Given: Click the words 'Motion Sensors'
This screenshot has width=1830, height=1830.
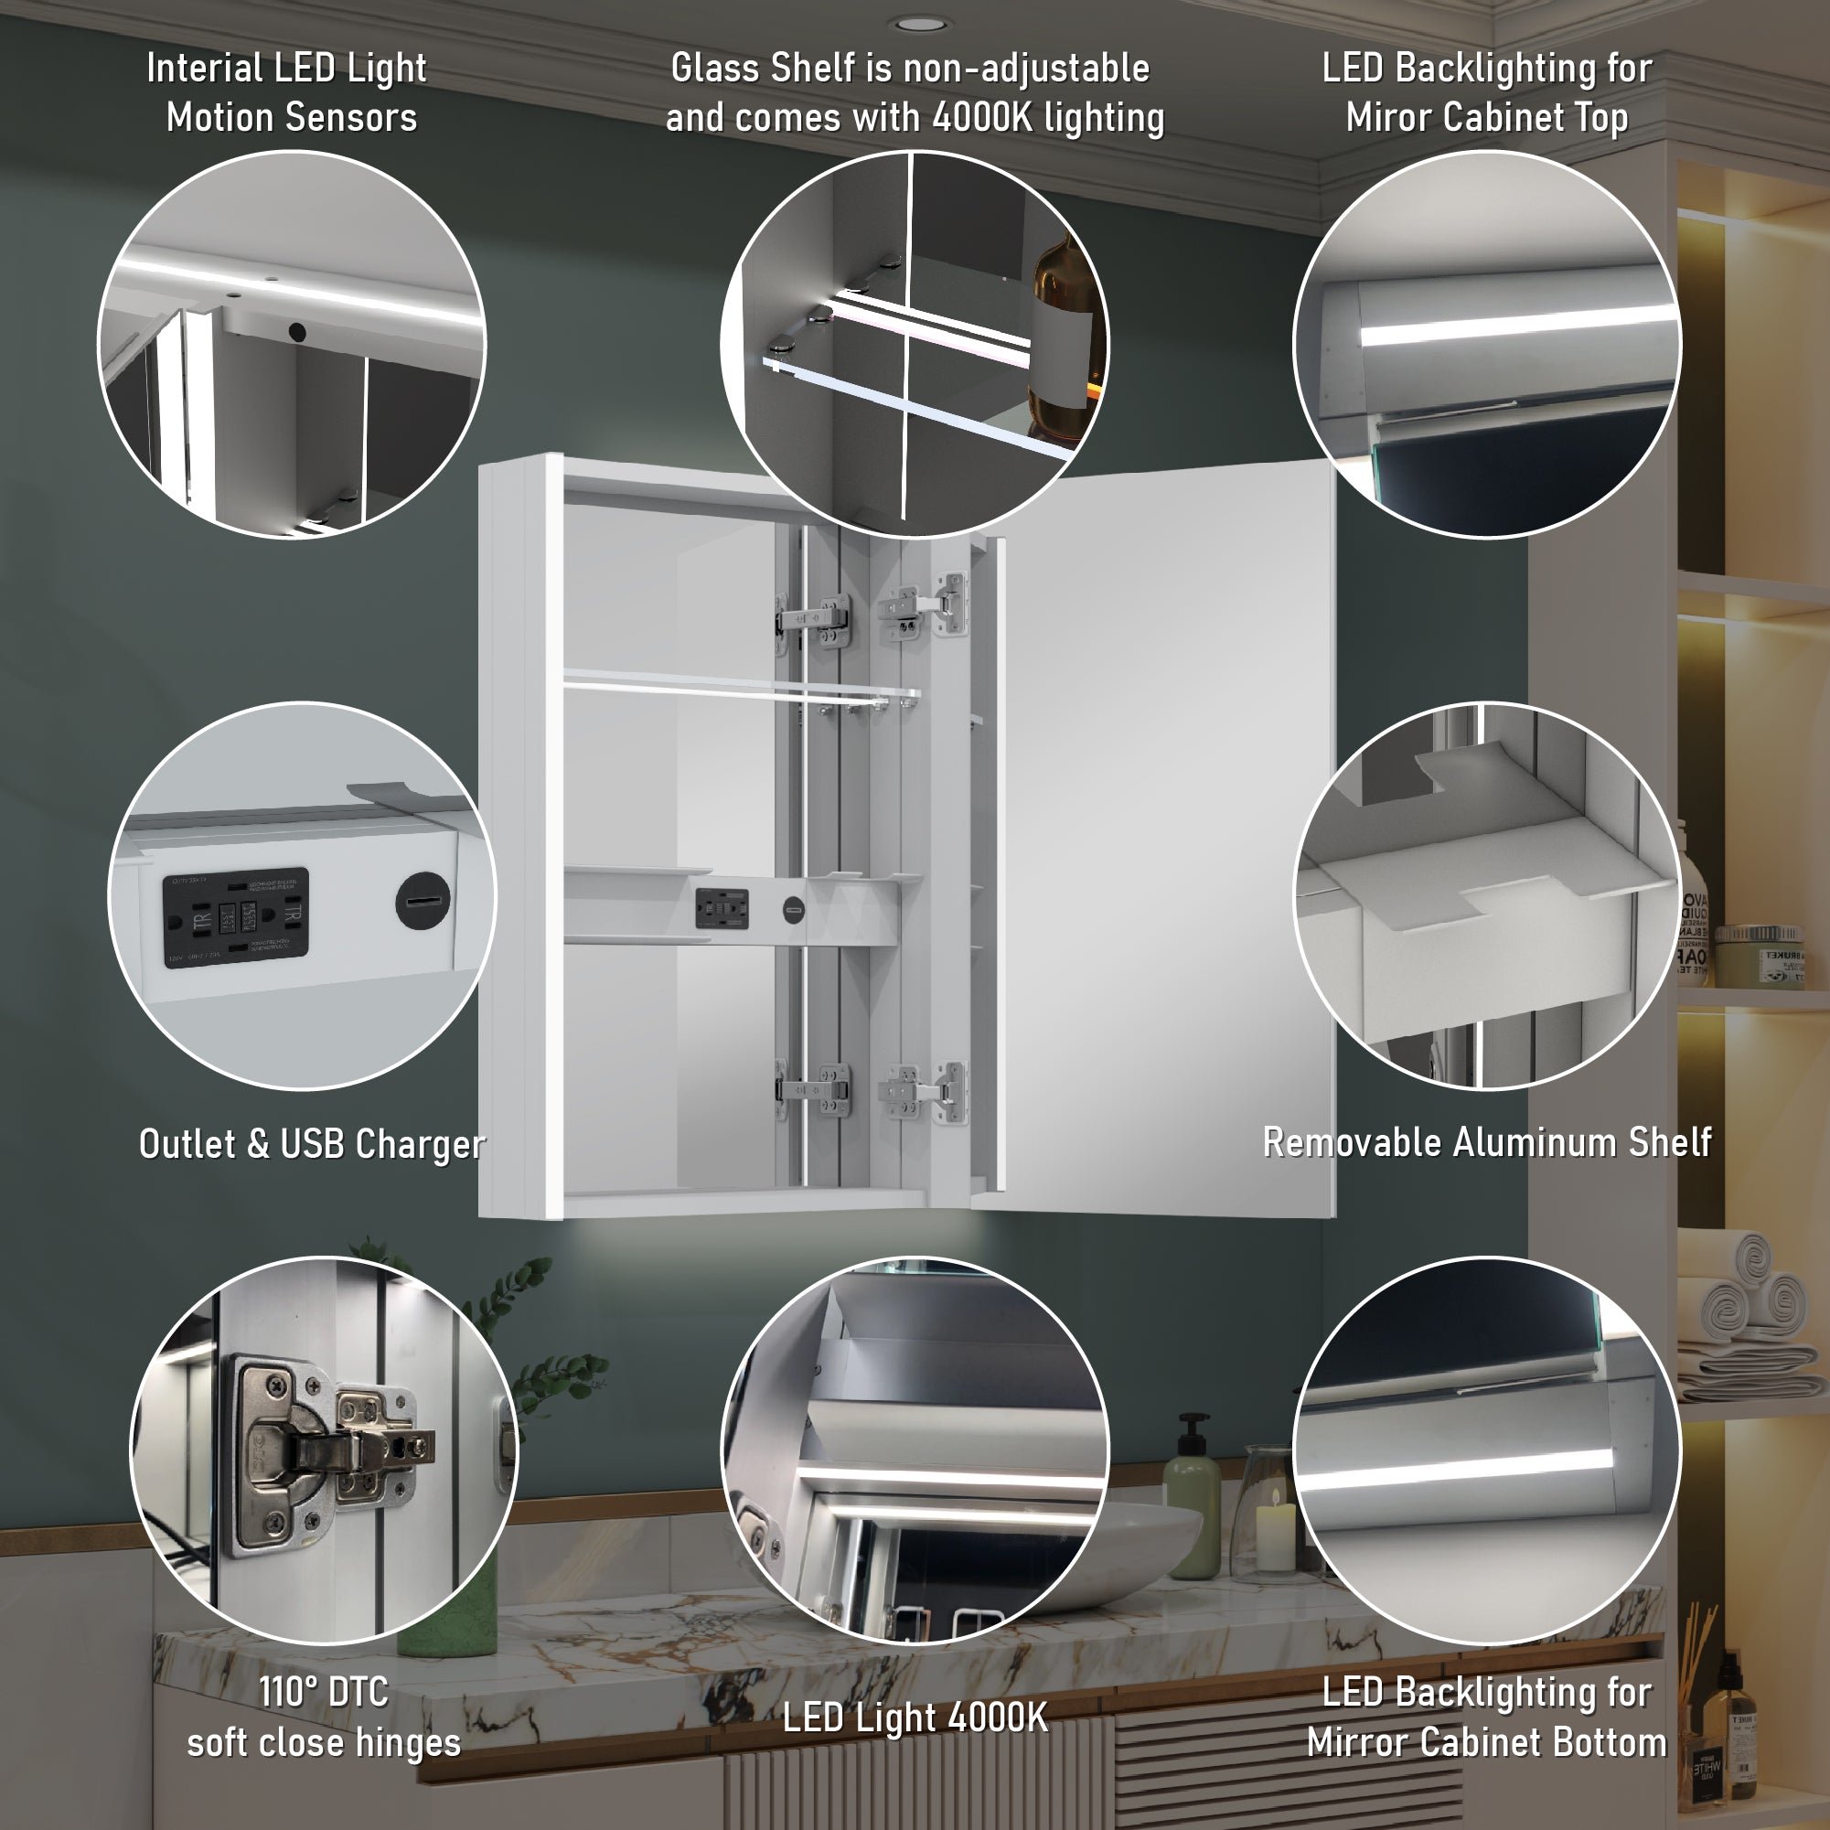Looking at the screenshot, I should [x=292, y=118].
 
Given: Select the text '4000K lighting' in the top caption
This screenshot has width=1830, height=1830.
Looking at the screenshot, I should [x=1048, y=118].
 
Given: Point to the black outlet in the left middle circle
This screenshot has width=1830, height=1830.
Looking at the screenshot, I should [x=236, y=917].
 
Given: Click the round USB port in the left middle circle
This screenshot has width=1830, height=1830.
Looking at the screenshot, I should [x=423, y=900].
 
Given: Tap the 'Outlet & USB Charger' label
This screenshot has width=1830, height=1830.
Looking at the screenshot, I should [x=312, y=1144].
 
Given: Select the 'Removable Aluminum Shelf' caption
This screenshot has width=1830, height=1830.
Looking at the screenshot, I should [x=1486, y=1142].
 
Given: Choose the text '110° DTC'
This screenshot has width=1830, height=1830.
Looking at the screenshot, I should [x=323, y=1692].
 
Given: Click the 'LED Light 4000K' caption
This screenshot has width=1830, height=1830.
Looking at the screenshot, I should [x=915, y=1718].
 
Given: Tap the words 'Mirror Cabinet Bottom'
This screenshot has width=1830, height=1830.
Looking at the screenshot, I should [x=1486, y=1743].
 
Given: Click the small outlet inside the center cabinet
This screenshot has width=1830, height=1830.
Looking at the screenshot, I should [x=723, y=908].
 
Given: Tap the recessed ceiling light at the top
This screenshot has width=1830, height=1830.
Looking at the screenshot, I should [x=921, y=24].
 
